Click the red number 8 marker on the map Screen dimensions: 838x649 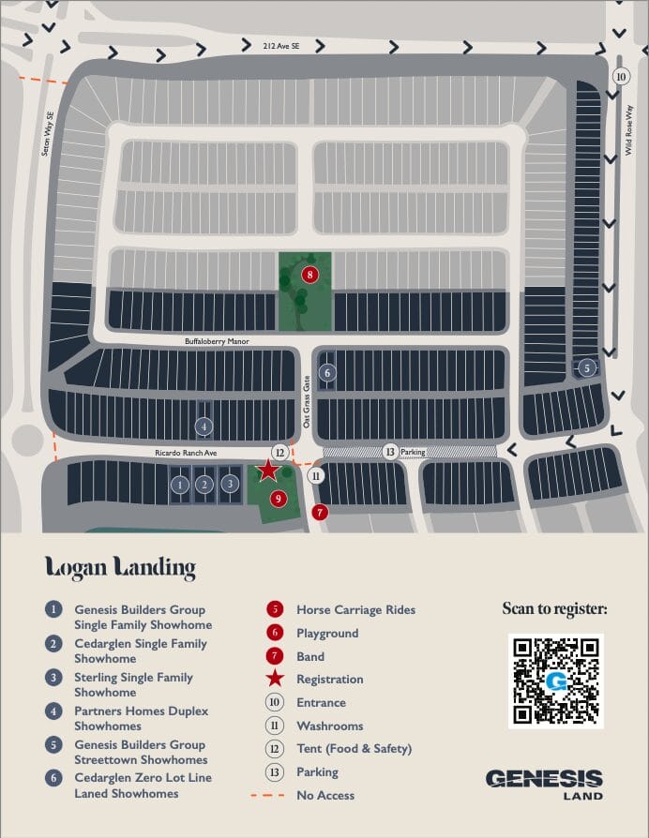(310, 275)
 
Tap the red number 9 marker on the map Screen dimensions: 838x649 (278, 498)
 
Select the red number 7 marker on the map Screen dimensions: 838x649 (321, 512)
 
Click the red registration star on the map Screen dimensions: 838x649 (268, 471)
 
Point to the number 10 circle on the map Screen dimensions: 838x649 (620, 76)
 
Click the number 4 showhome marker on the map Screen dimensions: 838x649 (204, 426)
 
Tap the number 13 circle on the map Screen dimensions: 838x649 (390, 452)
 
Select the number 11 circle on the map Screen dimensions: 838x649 (316, 475)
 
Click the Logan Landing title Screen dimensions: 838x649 (120, 567)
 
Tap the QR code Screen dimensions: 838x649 (556, 681)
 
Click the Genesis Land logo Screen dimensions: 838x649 (544, 784)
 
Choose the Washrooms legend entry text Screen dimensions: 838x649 (329, 726)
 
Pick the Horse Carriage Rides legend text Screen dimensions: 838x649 (355, 609)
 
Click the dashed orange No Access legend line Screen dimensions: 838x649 (267, 795)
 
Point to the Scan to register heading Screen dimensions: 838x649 (554, 609)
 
